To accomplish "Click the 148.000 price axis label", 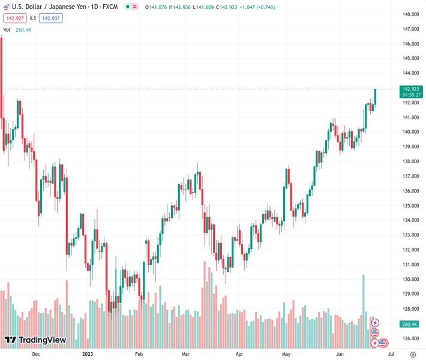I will coord(411,14).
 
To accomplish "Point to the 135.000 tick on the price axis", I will coord(411,205).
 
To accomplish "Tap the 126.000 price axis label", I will coord(411,338).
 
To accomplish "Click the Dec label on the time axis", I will coord(35,354).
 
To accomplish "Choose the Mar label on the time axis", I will coord(185,354).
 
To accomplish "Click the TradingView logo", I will coord(35,340).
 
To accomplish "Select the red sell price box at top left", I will coord(13,18).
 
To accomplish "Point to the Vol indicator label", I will coord(7,29).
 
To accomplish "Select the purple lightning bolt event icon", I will coord(375,323).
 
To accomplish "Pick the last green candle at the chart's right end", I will coord(375,98).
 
